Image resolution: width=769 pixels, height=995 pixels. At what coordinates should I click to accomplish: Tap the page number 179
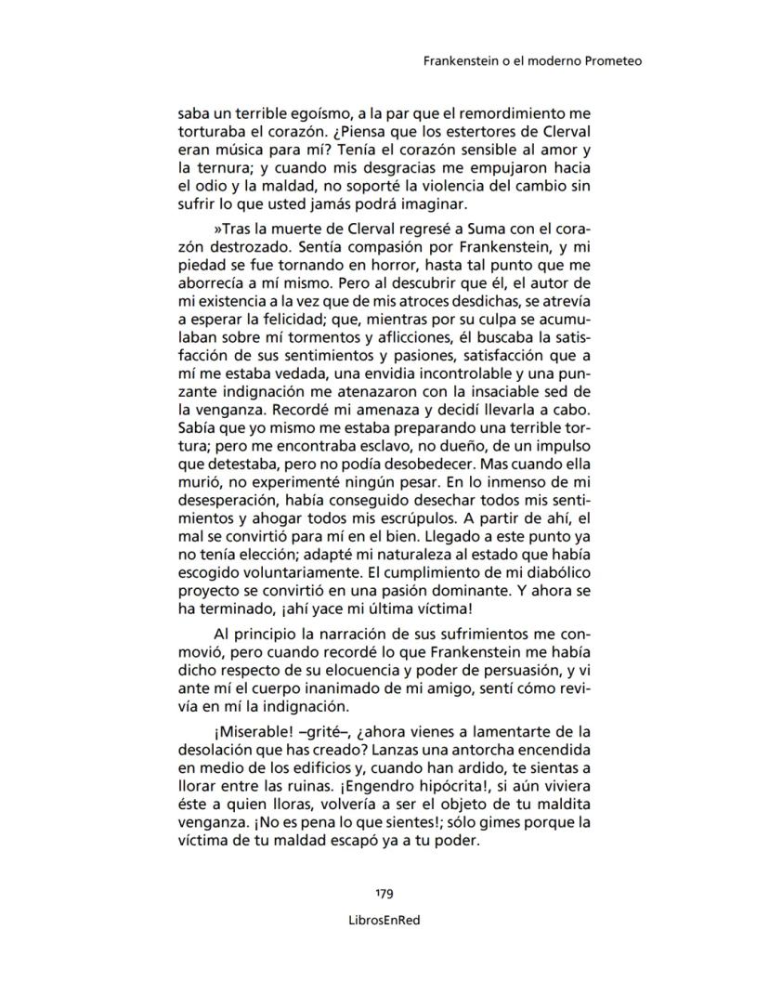(384, 894)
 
